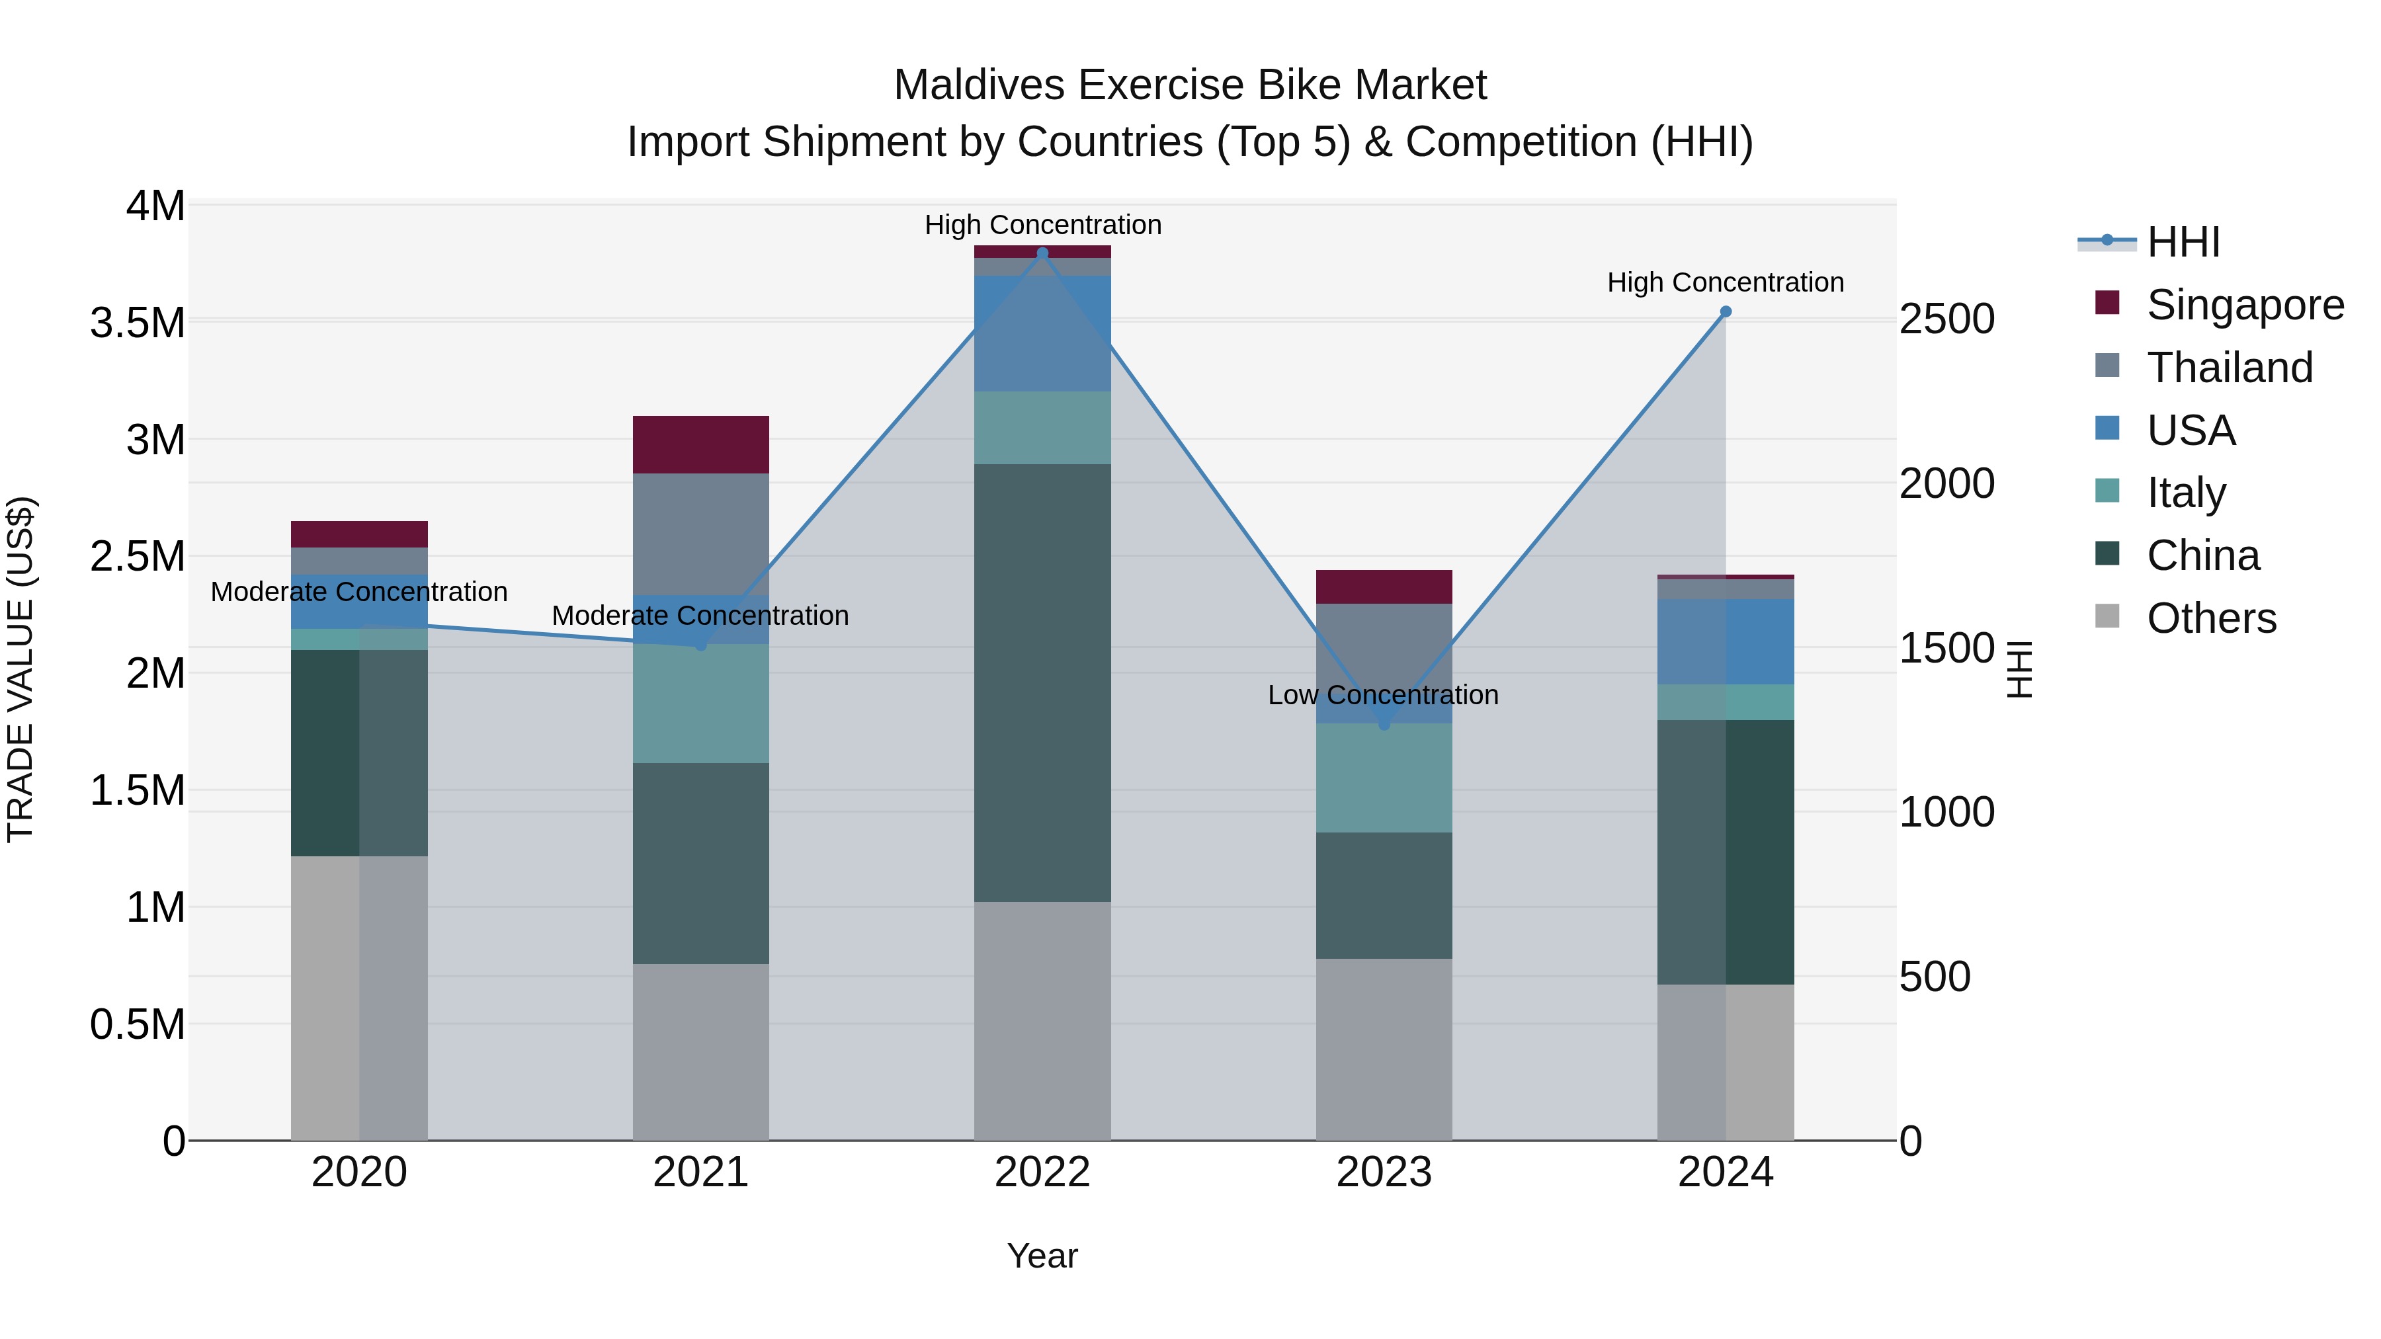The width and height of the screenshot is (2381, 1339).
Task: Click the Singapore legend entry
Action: pyautogui.click(x=2244, y=305)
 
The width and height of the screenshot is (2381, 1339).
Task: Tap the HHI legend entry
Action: pyautogui.click(x=2183, y=242)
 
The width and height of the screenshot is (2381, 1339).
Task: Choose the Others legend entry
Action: pyautogui.click(x=2211, y=618)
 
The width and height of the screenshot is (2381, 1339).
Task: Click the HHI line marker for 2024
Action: pyautogui.click(x=1725, y=312)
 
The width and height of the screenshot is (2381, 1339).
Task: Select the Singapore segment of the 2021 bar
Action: pyautogui.click(x=700, y=444)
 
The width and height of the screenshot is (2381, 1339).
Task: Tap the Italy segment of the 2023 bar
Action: pyautogui.click(x=1384, y=778)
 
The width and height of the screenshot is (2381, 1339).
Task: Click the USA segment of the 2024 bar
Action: pyautogui.click(x=1725, y=641)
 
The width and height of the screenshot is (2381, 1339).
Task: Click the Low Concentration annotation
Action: pyautogui.click(x=1383, y=695)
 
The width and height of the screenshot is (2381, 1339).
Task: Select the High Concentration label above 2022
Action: pyautogui.click(x=1042, y=225)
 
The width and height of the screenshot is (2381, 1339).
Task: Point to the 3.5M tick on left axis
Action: pyautogui.click(x=137, y=323)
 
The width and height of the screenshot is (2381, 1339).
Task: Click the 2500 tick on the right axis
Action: pyautogui.click(x=1946, y=320)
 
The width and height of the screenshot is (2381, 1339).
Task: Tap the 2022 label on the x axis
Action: pyautogui.click(x=1042, y=1172)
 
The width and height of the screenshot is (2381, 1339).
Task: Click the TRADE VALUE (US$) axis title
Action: pyautogui.click(x=21, y=669)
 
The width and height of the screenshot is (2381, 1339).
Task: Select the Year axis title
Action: pyautogui.click(x=1042, y=1256)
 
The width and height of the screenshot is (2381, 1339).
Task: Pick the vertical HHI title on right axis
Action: pyautogui.click(x=2021, y=669)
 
